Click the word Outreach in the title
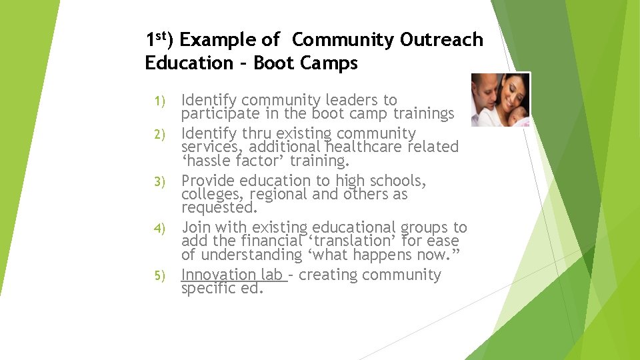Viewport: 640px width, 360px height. coord(441,40)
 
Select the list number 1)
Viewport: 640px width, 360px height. coord(159,101)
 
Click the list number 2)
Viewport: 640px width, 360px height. coord(159,135)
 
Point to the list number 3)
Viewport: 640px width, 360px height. coord(159,182)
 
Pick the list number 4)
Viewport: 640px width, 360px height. coord(159,229)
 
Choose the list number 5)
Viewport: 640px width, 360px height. coord(159,275)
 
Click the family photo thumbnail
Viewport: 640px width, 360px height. coord(500,100)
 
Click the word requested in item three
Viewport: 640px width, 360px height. coord(219,208)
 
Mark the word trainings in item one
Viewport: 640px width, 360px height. coord(422,113)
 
